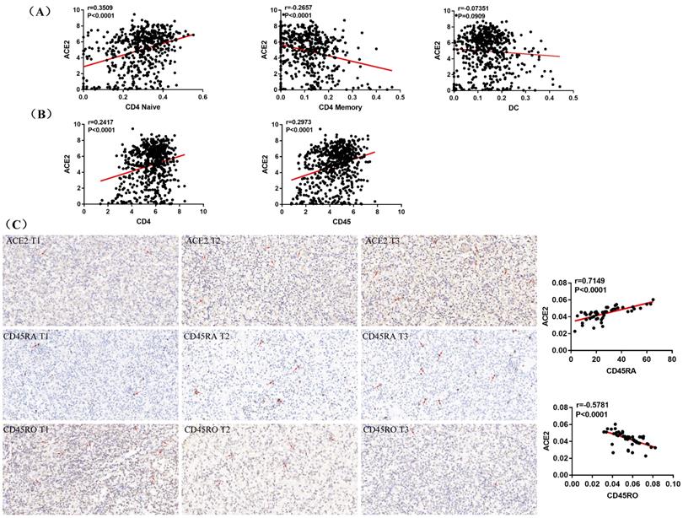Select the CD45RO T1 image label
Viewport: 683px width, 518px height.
coord(29,429)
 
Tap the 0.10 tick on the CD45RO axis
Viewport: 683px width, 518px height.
coord(671,485)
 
